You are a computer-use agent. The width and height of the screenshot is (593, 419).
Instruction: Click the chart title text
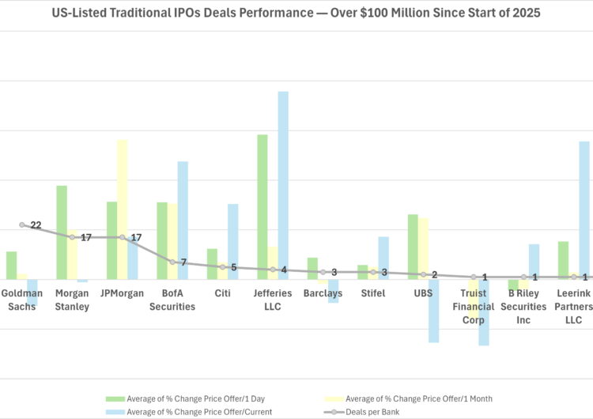[296, 13]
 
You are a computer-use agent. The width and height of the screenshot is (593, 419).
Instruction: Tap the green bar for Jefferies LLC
[263, 206]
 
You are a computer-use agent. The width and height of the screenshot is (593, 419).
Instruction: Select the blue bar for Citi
[233, 241]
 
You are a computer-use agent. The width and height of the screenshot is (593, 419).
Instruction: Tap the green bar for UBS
[413, 246]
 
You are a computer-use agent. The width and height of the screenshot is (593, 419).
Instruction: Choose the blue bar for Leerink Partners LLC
[584, 209]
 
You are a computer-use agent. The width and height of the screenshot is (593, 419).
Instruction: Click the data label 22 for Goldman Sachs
[36, 225]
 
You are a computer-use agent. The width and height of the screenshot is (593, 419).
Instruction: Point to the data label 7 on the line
[183, 262]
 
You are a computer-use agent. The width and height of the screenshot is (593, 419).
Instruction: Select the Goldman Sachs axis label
[22, 300]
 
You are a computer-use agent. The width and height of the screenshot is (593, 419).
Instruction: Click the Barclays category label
[323, 293]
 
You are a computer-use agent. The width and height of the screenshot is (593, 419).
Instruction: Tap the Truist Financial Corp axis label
[478, 307]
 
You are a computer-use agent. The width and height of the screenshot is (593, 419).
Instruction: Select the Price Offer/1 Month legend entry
[419, 398]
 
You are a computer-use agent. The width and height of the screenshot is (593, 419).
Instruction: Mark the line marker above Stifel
[373, 272]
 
